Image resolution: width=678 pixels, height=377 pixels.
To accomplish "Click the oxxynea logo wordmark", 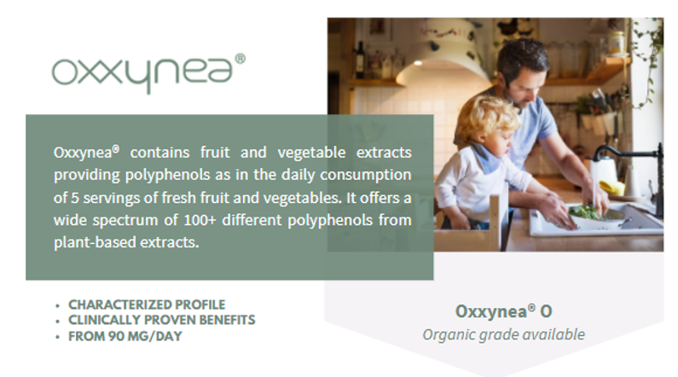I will coord(141,73).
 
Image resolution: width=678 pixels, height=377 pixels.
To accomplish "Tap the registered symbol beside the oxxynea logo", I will coord(240,59).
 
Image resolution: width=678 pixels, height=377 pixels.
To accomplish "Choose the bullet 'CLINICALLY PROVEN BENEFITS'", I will coord(161,320).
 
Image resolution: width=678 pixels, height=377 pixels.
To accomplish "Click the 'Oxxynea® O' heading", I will coord(504,310).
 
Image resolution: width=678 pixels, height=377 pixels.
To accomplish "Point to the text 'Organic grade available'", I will coord(504,333).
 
